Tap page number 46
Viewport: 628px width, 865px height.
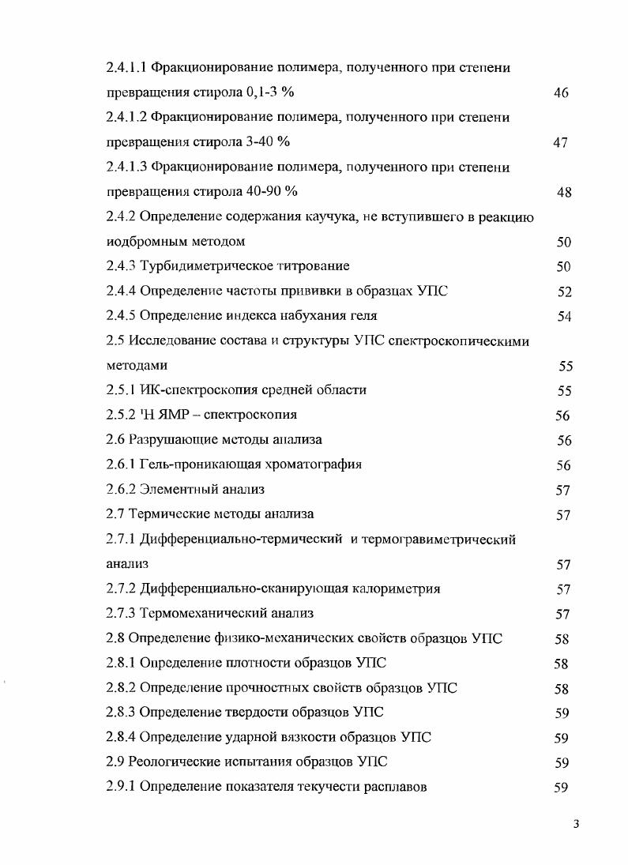(562, 93)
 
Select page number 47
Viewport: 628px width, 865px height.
(560, 143)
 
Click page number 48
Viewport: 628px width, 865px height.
(563, 193)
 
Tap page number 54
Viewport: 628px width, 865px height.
(563, 317)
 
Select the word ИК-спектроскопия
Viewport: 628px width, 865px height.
(190, 390)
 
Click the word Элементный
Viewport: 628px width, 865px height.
(175, 490)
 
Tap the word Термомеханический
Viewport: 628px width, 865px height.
(198, 613)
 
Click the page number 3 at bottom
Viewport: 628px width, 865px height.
(577, 826)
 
